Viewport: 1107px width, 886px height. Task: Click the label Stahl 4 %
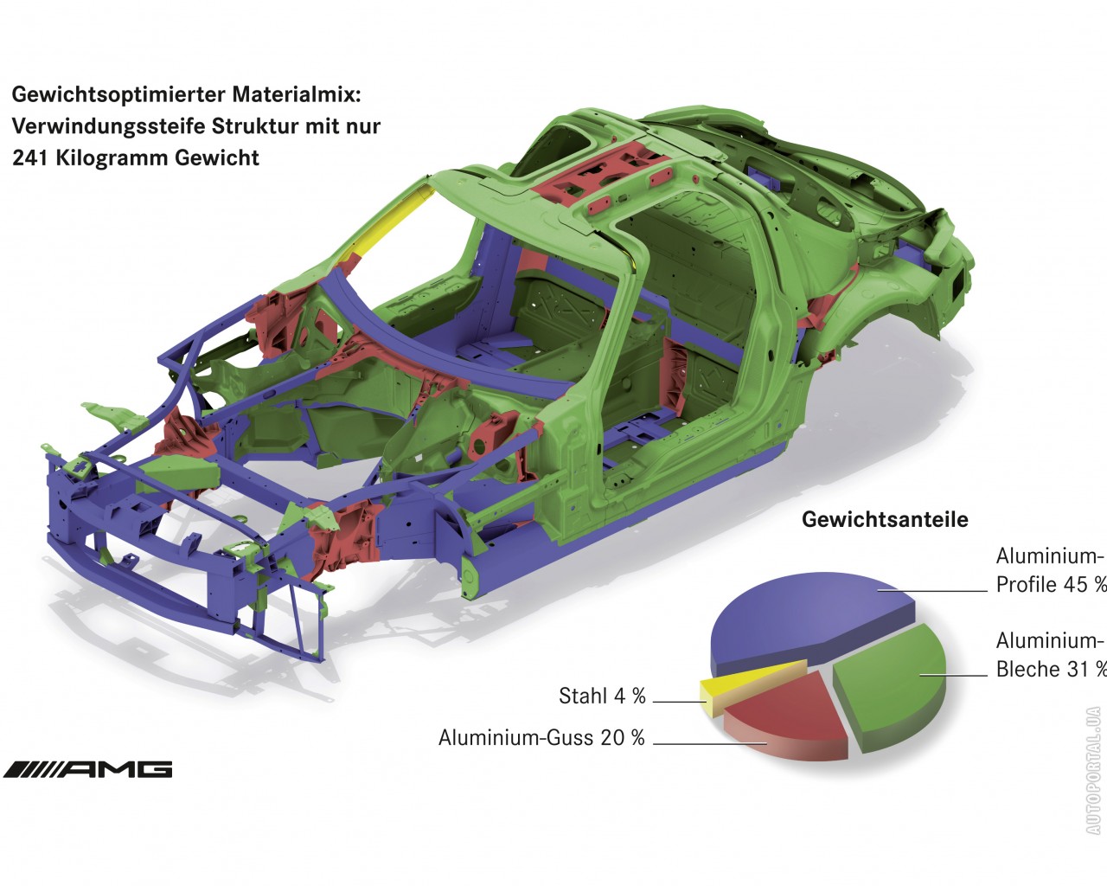pyautogui.click(x=602, y=696)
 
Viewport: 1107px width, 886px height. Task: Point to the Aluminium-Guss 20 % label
pyautogui.click(x=541, y=738)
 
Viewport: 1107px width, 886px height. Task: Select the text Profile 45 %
pyautogui.click(x=1050, y=585)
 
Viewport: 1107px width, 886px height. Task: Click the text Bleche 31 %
pyautogui.click(x=1050, y=669)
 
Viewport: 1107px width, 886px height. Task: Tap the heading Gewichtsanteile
pyautogui.click(x=885, y=519)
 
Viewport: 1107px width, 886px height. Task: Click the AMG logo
pyautogui.click(x=87, y=769)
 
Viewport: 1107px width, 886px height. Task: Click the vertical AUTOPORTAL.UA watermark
pyautogui.click(x=1094, y=770)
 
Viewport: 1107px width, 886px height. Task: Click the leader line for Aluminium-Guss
pyautogui.click(x=709, y=743)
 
